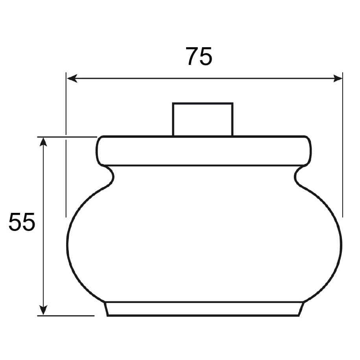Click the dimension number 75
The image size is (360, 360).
[x=199, y=56]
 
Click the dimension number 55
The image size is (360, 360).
[x=22, y=222]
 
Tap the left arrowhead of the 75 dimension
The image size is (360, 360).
[x=72, y=79]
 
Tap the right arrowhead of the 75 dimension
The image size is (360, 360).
[x=338, y=79]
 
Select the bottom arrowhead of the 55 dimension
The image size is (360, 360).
[x=43, y=310]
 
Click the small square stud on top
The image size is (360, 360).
[x=203, y=119]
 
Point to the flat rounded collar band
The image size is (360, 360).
[x=204, y=151]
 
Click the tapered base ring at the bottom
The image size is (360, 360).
[x=204, y=309]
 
